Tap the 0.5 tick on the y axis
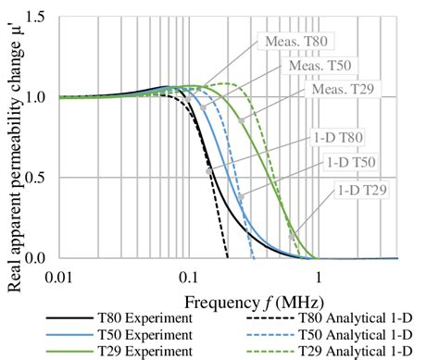44,178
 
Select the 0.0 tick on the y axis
44,258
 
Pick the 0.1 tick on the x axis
188,276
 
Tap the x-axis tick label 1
319,276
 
